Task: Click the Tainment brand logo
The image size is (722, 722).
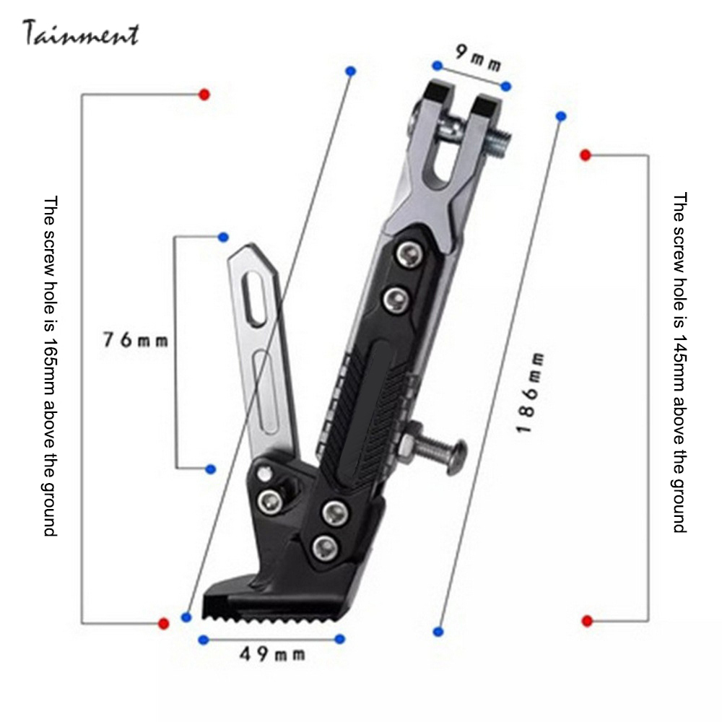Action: click(80, 33)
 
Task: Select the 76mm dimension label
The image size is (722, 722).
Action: click(135, 339)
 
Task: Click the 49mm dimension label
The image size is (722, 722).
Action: click(272, 654)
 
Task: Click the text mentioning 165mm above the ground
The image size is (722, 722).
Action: click(50, 365)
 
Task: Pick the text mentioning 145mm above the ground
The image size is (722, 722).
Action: click(679, 362)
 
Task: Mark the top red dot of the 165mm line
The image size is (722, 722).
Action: click(204, 95)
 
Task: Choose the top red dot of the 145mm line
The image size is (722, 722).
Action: click(586, 155)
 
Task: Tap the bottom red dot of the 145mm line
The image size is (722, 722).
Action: click(587, 621)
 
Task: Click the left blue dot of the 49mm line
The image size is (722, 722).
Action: click(203, 639)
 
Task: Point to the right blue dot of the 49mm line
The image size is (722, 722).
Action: click(340, 639)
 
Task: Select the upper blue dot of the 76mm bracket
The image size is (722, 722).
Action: click(223, 236)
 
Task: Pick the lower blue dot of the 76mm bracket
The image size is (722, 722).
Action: click(210, 469)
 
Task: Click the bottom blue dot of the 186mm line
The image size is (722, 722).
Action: click(438, 632)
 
